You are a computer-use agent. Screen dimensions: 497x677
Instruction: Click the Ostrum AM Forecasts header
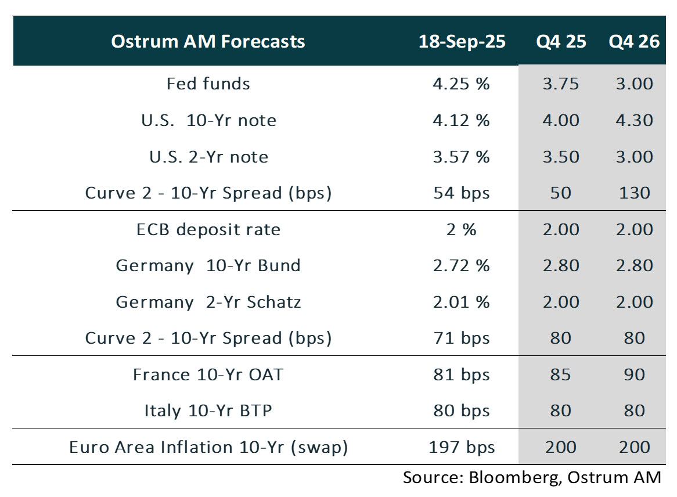click(x=208, y=42)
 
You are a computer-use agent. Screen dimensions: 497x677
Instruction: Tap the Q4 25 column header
click(x=560, y=42)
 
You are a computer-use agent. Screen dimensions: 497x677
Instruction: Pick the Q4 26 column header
click(x=634, y=42)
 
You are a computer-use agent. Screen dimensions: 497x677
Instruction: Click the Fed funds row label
click(x=208, y=84)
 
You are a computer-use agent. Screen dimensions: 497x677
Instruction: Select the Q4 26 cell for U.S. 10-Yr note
click(x=634, y=120)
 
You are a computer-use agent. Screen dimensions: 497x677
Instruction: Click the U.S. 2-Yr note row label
click(x=208, y=157)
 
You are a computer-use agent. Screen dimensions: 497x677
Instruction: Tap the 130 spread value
click(x=634, y=193)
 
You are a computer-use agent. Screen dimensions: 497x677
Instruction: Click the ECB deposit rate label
click(x=208, y=229)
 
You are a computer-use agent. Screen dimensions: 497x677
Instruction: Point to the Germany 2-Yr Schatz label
click(x=208, y=302)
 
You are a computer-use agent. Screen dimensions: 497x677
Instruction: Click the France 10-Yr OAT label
click(x=208, y=374)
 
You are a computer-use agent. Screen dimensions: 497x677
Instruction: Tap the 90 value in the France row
click(x=634, y=374)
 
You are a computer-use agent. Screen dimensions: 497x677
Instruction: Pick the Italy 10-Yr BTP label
click(x=208, y=411)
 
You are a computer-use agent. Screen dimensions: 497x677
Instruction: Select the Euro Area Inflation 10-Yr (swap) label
click(x=208, y=447)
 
